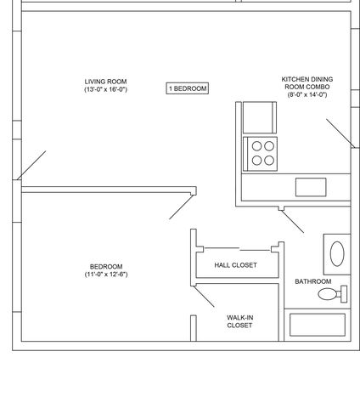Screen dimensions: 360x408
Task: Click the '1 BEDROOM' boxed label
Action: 188,88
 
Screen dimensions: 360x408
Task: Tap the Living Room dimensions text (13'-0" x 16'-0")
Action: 106,89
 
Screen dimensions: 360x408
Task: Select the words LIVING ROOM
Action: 105,82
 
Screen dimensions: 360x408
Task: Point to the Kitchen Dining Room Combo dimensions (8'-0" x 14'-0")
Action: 307,94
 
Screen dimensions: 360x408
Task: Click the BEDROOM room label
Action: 106,267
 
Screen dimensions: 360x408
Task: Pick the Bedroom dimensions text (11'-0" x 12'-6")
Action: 106,275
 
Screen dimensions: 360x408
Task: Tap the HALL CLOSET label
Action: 236,265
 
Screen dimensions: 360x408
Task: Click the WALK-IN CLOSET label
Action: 239,321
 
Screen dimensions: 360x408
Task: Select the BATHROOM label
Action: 313,281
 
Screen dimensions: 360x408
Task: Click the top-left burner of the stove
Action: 256,146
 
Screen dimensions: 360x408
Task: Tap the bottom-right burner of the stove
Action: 269,161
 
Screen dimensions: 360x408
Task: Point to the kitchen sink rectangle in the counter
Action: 311,187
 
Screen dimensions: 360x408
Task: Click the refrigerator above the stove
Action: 260,117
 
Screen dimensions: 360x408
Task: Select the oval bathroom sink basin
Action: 337,254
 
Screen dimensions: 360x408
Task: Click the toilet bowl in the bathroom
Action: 328,294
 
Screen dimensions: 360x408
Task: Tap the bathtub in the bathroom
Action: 318,325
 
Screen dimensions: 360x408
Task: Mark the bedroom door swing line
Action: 181,207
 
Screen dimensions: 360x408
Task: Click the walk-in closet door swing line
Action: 204,297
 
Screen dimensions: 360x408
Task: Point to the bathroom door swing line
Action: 293,222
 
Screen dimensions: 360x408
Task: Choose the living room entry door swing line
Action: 31,165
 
